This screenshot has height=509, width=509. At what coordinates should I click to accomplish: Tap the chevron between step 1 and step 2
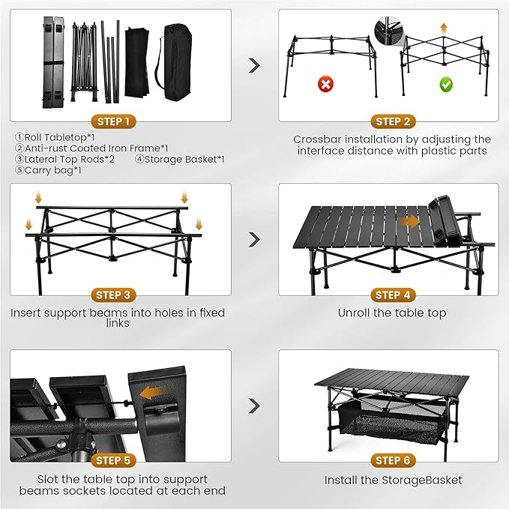coord(254,65)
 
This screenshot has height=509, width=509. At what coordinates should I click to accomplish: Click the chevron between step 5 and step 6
coord(254,406)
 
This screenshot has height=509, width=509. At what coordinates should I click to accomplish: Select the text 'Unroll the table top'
coord(392,313)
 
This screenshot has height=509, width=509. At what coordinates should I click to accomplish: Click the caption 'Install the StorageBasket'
coord(393,480)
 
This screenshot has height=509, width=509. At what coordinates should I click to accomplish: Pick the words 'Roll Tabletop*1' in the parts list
coord(55,137)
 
